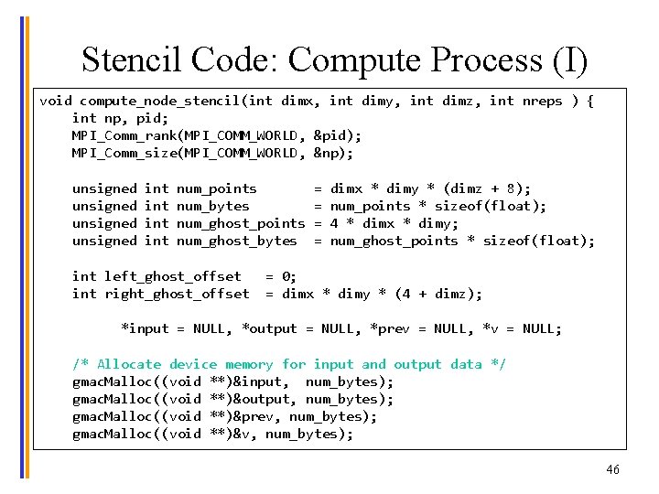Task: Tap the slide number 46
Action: [x=612, y=469]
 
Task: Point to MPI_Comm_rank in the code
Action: [x=124, y=135]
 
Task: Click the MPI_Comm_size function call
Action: [x=124, y=153]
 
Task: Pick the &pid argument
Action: [x=336, y=135]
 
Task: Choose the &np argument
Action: [x=331, y=153]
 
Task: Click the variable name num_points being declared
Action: [x=217, y=188]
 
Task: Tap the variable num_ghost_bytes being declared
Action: [x=237, y=241]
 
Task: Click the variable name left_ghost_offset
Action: [x=173, y=276]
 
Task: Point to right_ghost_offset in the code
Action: [x=177, y=294]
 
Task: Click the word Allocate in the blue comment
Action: [x=128, y=364]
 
